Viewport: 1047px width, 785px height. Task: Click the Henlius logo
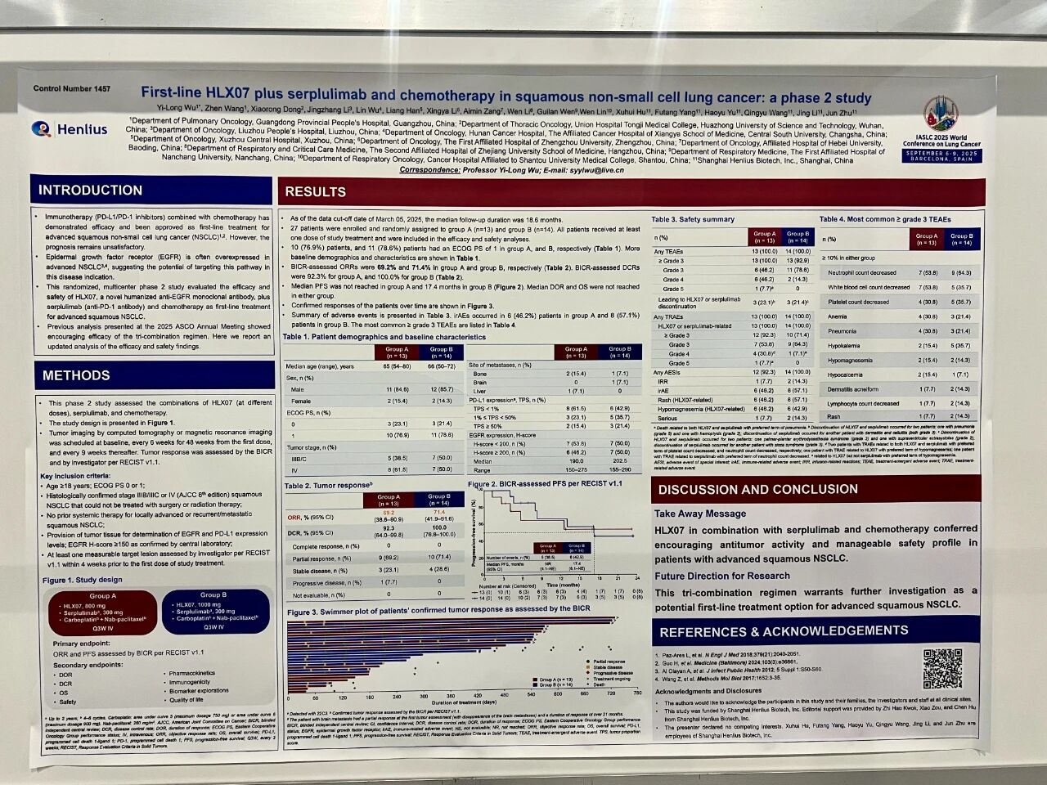[70, 129]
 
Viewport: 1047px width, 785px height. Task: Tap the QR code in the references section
[942, 669]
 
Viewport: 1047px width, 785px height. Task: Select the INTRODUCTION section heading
[91, 191]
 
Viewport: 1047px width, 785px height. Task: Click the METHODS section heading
[76, 375]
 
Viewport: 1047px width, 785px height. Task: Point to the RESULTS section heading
[315, 192]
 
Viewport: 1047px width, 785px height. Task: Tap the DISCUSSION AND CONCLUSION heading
[757, 489]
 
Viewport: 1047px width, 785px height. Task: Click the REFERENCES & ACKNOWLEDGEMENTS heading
[784, 631]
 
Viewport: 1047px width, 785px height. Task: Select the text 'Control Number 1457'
[72, 88]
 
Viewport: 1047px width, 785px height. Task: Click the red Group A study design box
[103, 612]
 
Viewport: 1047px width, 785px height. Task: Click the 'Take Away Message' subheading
[699, 514]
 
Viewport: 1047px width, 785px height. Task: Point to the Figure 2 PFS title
[545, 483]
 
